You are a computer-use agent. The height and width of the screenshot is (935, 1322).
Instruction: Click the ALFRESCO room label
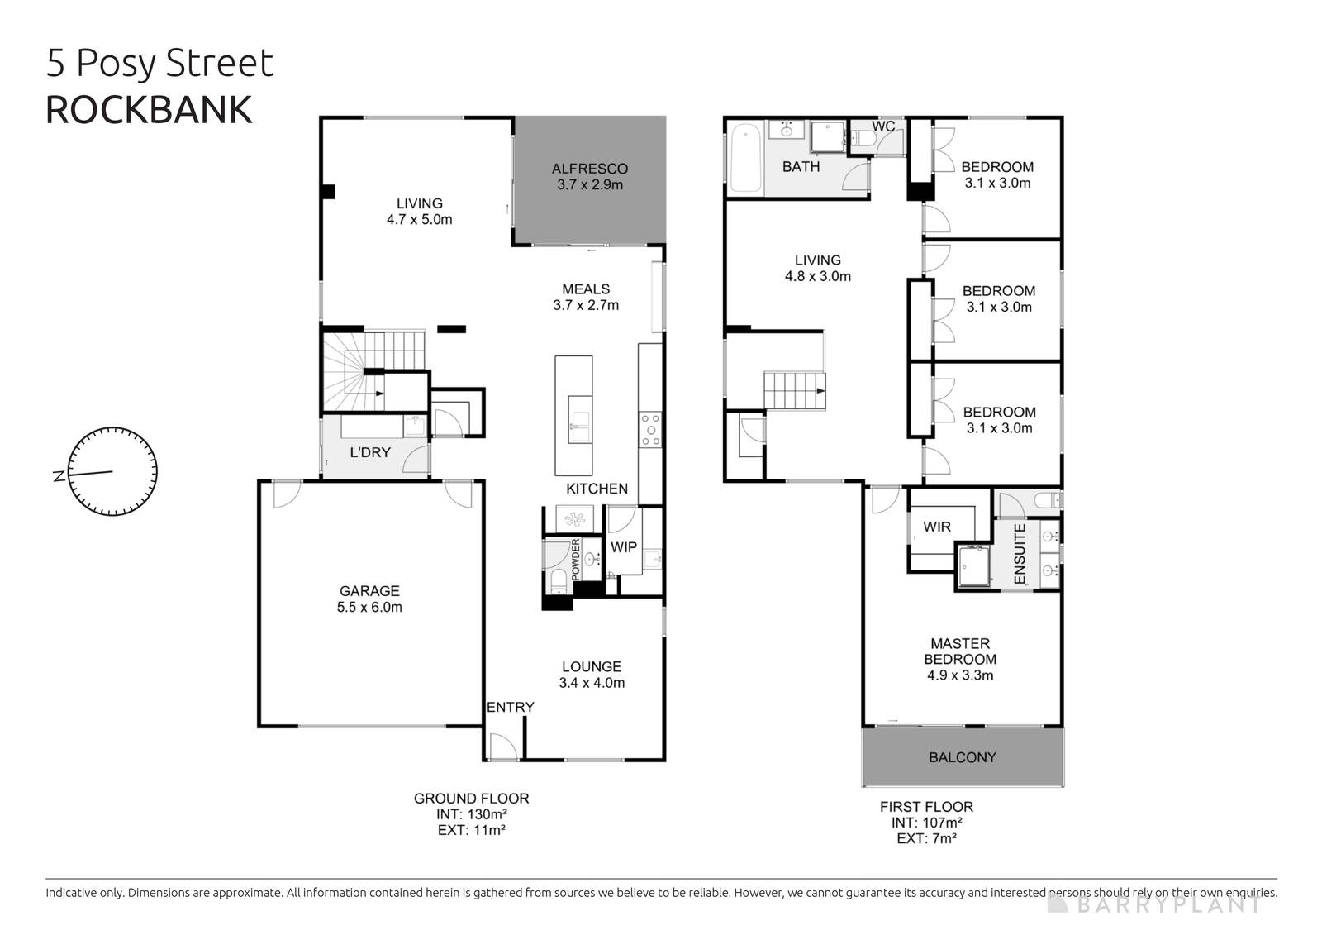589,169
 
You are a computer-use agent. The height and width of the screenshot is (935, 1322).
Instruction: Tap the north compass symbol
112,472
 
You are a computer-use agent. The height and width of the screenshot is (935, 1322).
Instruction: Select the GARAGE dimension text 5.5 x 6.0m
369,607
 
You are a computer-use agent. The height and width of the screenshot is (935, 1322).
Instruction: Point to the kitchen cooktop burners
650,430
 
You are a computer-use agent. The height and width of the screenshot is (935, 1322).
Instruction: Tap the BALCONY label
962,757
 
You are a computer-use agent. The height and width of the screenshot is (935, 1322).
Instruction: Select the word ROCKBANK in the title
149,110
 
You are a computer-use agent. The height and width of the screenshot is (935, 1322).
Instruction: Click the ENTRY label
510,707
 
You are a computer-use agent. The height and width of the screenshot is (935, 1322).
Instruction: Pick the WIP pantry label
623,547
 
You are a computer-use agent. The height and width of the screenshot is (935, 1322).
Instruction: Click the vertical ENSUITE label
1020,554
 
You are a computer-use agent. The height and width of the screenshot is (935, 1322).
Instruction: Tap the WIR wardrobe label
937,527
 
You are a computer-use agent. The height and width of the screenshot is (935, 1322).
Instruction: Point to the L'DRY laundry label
370,452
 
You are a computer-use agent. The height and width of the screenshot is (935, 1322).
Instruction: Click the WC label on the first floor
883,126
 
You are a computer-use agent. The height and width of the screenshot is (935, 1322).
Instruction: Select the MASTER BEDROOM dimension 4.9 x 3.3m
959,675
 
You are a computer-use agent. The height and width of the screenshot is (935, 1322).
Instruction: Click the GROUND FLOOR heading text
471,799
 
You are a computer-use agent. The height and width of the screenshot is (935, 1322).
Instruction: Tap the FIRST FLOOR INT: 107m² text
926,823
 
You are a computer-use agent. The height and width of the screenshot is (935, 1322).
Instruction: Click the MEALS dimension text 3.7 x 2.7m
586,305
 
